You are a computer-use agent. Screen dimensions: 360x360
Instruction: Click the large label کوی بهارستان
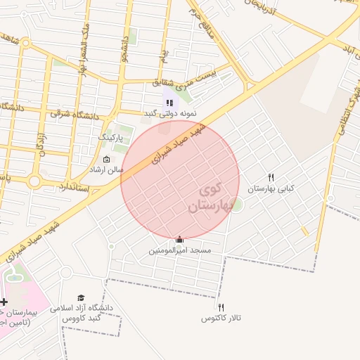click(211, 198)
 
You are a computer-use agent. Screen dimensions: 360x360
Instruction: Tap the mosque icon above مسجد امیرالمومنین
click(179, 240)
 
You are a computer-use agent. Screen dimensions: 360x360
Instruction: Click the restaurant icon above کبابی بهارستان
click(271, 177)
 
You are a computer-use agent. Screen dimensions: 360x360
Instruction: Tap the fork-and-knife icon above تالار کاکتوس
click(221, 307)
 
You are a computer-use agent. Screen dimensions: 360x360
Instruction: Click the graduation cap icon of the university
click(81, 298)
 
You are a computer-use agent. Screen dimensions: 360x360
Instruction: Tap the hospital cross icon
click(5, 301)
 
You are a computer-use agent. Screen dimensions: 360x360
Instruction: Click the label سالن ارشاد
click(105, 170)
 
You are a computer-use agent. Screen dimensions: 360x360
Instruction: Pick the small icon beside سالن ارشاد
click(106, 159)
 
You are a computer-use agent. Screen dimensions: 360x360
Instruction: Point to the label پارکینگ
click(110, 136)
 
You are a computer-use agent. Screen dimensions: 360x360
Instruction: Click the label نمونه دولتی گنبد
click(170, 113)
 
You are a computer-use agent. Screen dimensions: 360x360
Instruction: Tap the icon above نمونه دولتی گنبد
click(169, 103)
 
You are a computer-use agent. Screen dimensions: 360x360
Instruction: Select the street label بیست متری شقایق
click(185, 82)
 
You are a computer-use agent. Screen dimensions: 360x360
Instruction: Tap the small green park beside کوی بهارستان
click(237, 205)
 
